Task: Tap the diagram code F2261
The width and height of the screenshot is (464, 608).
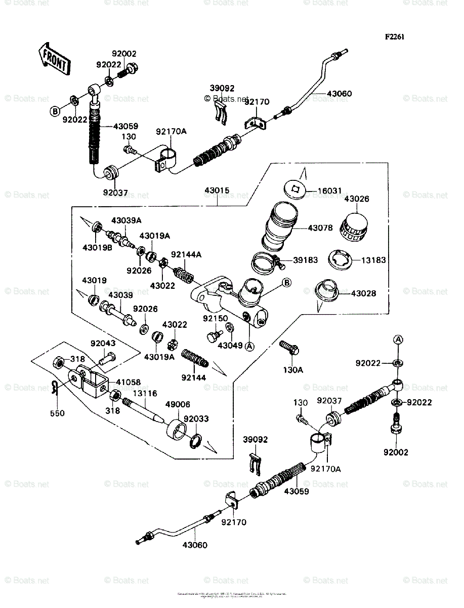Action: click(394, 37)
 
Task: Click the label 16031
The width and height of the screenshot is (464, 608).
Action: click(330, 191)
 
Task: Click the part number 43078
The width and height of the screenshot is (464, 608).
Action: click(320, 228)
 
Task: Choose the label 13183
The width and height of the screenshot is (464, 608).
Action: click(373, 260)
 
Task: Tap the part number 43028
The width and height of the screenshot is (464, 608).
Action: click(364, 293)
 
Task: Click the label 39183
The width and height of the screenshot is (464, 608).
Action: click(305, 260)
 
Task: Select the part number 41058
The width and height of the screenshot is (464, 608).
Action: click(129, 383)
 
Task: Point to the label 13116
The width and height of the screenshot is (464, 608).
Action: click(145, 393)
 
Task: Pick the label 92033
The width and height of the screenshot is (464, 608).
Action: click(196, 420)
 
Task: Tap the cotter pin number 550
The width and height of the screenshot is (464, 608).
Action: click(57, 413)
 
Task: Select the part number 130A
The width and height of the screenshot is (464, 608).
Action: click(293, 370)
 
